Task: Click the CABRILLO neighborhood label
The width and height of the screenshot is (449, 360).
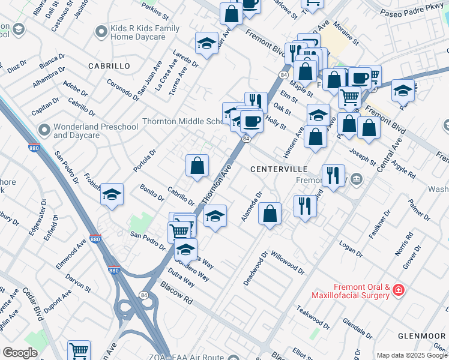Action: pyautogui.click(x=109, y=65)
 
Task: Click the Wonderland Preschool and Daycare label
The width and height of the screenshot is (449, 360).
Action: pyautogui.click(x=87, y=131)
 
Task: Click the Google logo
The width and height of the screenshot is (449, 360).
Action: pyautogui.click(x=20, y=352)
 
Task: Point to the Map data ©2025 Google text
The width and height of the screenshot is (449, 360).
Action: pyautogui.click(x=412, y=355)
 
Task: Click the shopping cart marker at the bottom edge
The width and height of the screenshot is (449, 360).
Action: pyautogui.click(x=79, y=350)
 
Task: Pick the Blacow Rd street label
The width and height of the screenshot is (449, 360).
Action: pyautogui.click(x=176, y=294)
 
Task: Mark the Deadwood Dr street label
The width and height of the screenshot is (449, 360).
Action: pyautogui.click(x=255, y=272)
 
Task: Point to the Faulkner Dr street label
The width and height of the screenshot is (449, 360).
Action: pyautogui.click(x=379, y=224)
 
